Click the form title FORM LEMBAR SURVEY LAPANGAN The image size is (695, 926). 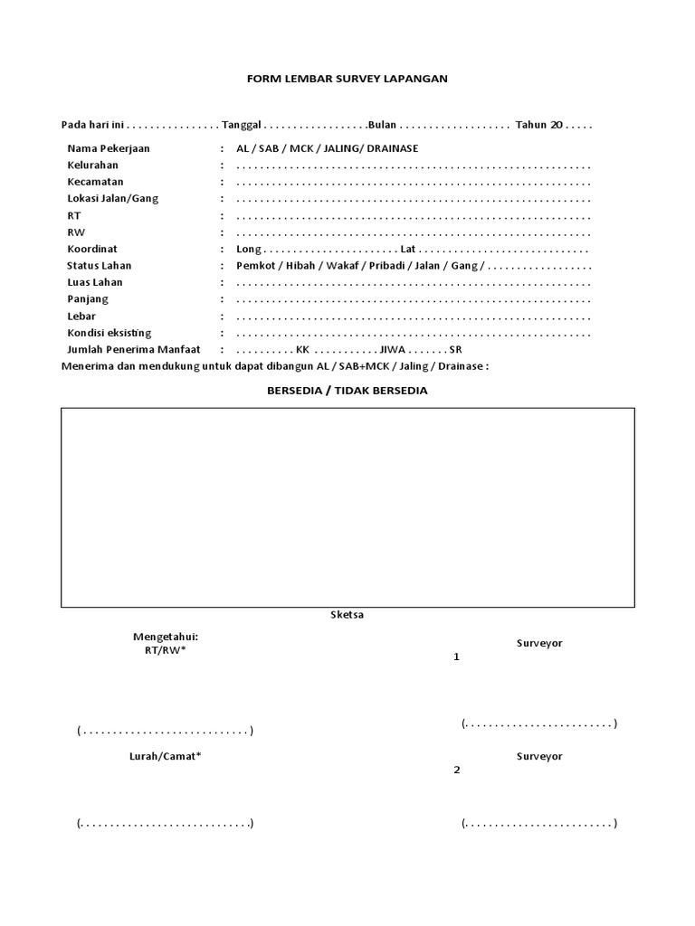tap(347, 79)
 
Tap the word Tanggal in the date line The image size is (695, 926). tap(242, 125)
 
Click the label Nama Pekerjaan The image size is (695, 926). tap(109, 148)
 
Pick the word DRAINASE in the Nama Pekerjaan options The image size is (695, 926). tap(391, 148)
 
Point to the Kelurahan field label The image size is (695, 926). tap(92, 165)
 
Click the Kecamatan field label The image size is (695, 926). tap(95, 182)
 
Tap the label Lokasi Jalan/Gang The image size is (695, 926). tap(112, 199)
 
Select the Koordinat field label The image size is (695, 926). tap(92, 249)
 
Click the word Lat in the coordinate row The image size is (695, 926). tap(407, 249)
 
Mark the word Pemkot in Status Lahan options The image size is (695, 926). tap(255, 266)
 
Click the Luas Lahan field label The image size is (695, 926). tap(94, 282)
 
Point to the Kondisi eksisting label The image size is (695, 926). tap(109, 333)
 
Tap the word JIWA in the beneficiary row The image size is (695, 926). tap(395, 349)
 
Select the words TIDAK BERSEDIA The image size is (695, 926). tap(381, 391)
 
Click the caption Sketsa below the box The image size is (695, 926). tap(347, 615)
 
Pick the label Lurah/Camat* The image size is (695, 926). tap(165, 756)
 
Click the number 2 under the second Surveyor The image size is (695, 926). tap(457, 770)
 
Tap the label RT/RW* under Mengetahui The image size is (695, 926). tap(165, 650)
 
